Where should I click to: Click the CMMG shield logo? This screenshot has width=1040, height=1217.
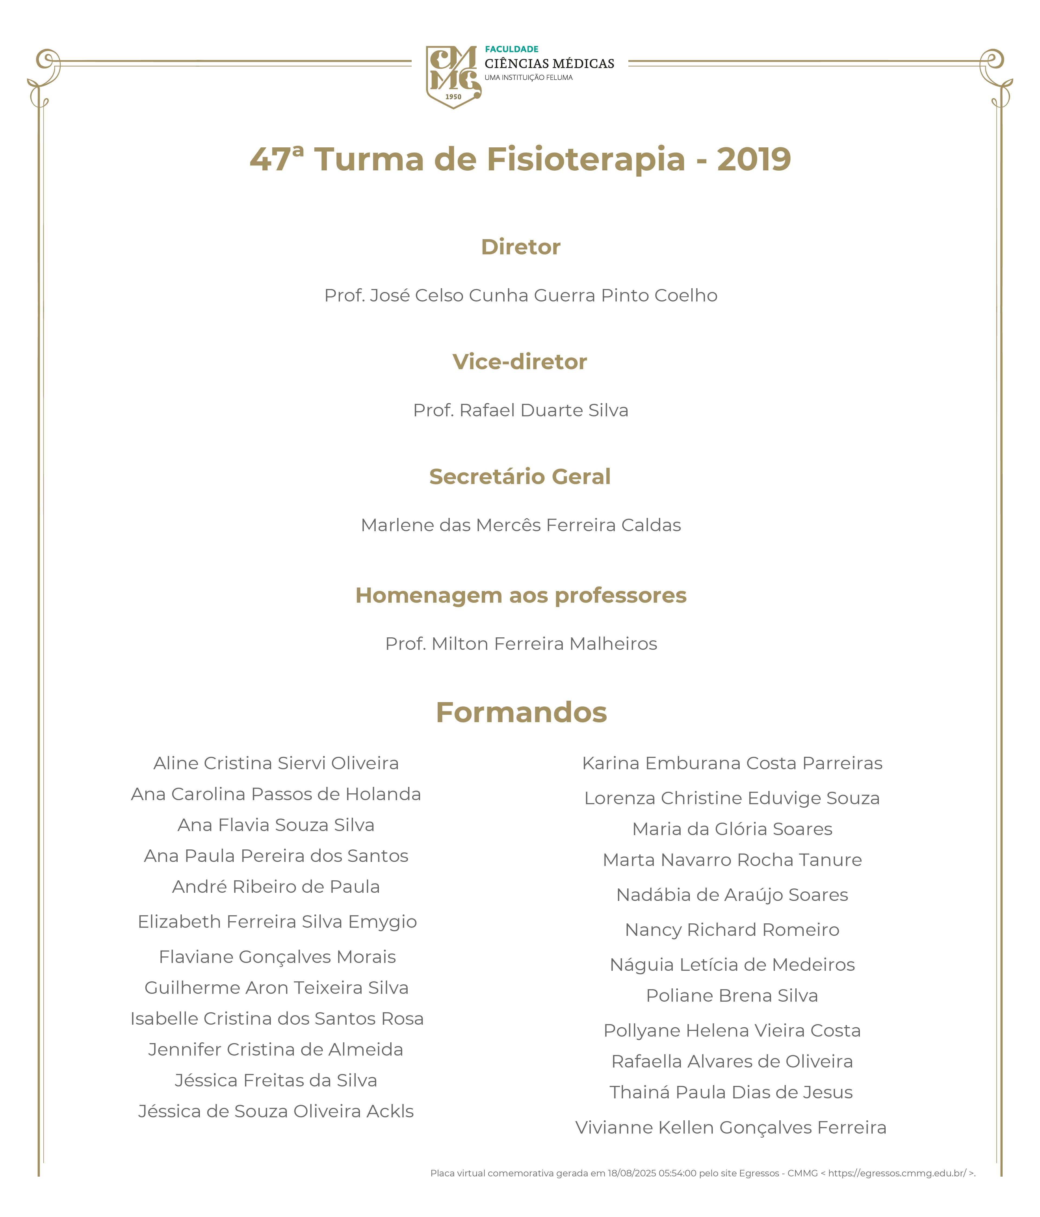[x=453, y=76]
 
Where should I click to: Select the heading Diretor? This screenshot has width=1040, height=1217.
[x=520, y=247]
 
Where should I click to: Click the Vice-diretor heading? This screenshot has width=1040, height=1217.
[x=520, y=362]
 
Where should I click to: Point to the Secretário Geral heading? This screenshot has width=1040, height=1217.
[x=520, y=476]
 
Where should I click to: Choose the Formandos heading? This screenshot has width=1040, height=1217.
[x=521, y=712]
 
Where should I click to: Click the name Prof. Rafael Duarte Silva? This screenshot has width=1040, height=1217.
[x=520, y=410]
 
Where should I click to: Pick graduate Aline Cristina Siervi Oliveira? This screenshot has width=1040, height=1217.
[x=276, y=763]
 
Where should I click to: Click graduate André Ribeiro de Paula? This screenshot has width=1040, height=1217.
[x=276, y=886]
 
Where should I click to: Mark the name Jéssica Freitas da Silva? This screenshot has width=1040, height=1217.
[x=276, y=1080]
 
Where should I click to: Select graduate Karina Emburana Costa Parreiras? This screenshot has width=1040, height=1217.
[x=732, y=763]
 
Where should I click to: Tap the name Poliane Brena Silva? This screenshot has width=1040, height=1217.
[x=732, y=995]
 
